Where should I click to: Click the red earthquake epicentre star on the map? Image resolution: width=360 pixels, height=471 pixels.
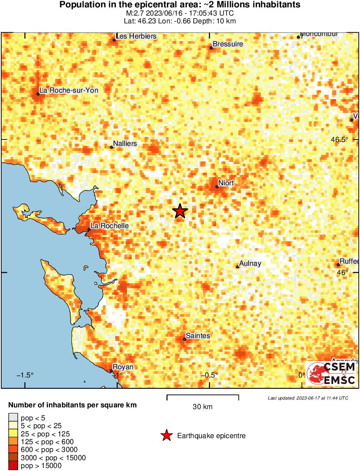180,211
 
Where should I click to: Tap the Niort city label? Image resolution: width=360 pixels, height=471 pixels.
226,183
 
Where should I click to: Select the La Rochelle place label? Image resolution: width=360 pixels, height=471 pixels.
109,226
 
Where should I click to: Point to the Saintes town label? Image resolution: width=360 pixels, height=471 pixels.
198,336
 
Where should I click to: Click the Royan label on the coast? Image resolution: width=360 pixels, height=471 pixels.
123,367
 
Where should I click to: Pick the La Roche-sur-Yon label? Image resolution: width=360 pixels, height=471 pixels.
69,90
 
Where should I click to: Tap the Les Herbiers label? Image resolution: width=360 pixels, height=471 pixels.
136,36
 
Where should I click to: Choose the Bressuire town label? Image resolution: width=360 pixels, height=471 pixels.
228,44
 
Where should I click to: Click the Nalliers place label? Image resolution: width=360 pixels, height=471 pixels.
125,143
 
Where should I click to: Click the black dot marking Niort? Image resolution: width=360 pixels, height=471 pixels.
217,187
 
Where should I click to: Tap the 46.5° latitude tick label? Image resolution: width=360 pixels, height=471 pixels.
340,139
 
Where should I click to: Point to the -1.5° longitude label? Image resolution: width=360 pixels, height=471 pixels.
25,375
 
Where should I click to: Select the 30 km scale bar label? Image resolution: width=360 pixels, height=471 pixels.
203,406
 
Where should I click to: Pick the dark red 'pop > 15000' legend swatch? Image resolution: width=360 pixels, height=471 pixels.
13,465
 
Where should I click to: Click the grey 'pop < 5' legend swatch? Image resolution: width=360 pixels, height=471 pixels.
13,418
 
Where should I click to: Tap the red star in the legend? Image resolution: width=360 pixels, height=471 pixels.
166,436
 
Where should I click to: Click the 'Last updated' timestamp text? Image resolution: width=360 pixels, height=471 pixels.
308,398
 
